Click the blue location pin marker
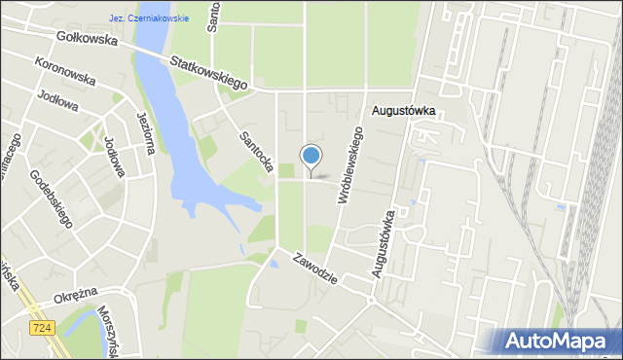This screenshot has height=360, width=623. pyautogui.click(x=311, y=157)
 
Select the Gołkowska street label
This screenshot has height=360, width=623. pyautogui.click(x=87, y=41)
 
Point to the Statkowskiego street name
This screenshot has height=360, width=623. pyautogui.click(x=208, y=75)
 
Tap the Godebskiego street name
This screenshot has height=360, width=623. pyautogui.click(x=52, y=198)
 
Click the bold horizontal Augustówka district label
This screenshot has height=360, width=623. pyautogui.click(x=403, y=112)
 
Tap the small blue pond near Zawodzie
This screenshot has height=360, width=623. pyautogui.click(x=273, y=264)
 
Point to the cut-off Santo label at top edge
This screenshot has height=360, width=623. pyautogui.click(x=214, y=17)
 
